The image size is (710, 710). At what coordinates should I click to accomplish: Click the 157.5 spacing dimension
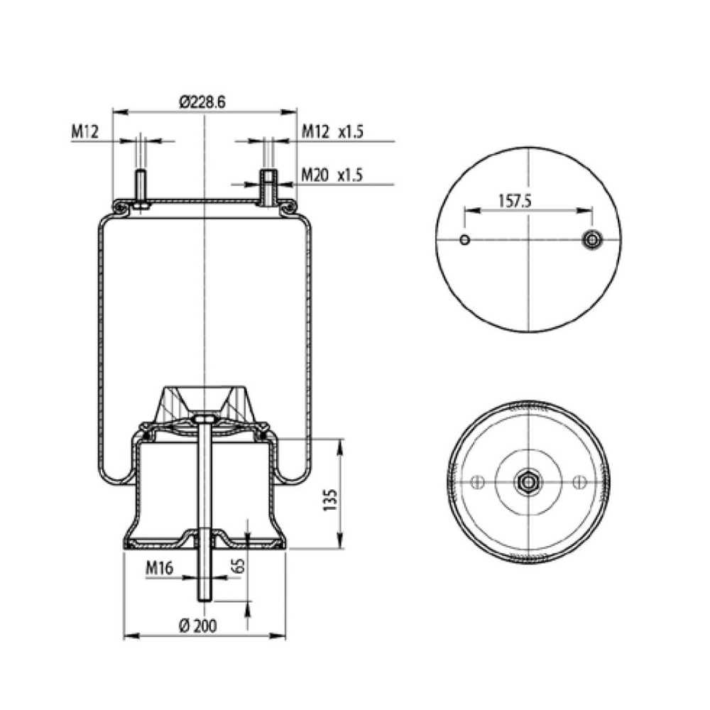coord(515,201)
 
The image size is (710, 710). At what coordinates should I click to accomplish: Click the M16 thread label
coord(160,568)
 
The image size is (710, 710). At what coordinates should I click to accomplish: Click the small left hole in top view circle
coord(464,239)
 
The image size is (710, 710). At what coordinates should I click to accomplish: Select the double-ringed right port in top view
coord(591,240)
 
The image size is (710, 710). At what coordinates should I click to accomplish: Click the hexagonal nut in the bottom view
coord(528,482)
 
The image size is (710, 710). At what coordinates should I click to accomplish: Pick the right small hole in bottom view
coord(579,483)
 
